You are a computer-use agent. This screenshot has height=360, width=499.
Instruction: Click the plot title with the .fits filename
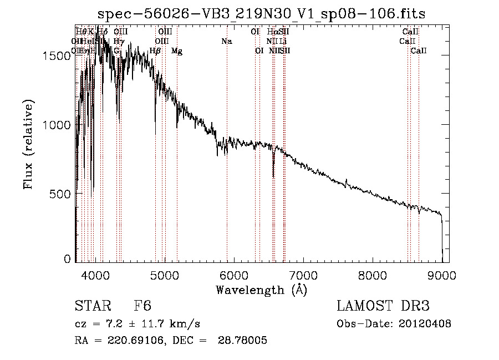tap(261, 14)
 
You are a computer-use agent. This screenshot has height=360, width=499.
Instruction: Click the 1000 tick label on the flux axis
tap(58, 125)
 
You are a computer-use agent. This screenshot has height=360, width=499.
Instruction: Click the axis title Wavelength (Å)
tap(261, 290)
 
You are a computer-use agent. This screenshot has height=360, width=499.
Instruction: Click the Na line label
tap(226, 42)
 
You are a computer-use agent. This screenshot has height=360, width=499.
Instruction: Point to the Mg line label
tap(177, 51)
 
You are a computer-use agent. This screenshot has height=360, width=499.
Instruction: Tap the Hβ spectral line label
tap(155, 51)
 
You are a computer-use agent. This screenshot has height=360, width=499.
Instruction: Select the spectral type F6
tap(142, 306)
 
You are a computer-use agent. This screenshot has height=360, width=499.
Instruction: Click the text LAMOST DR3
tap(383, 306)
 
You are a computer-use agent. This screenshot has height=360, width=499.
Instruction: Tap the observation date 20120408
tap(425, 324)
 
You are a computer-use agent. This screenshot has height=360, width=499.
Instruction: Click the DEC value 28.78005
tap(244, 341)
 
